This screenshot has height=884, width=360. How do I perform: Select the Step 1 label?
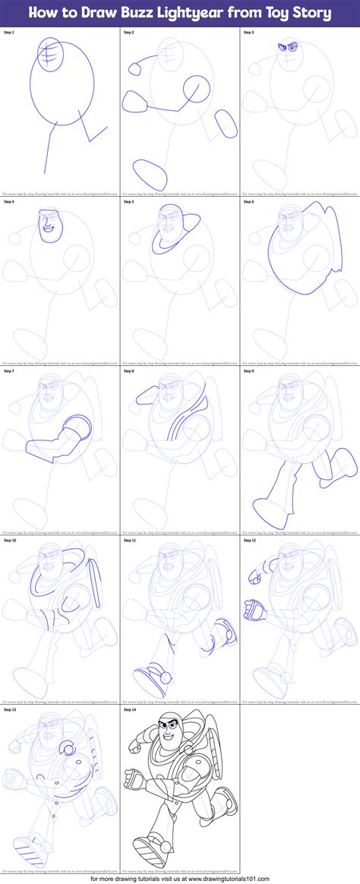(9, 33)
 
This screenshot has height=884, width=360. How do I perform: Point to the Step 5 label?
(129, 203)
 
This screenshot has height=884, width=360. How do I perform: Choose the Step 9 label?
(249, 371)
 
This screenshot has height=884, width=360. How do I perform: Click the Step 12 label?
(249, 541)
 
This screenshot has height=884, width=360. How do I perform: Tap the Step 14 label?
(129, 710)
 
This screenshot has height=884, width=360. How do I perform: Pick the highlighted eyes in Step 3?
(286, 48)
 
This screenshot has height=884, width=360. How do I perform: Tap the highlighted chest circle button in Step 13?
(69, 750)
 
